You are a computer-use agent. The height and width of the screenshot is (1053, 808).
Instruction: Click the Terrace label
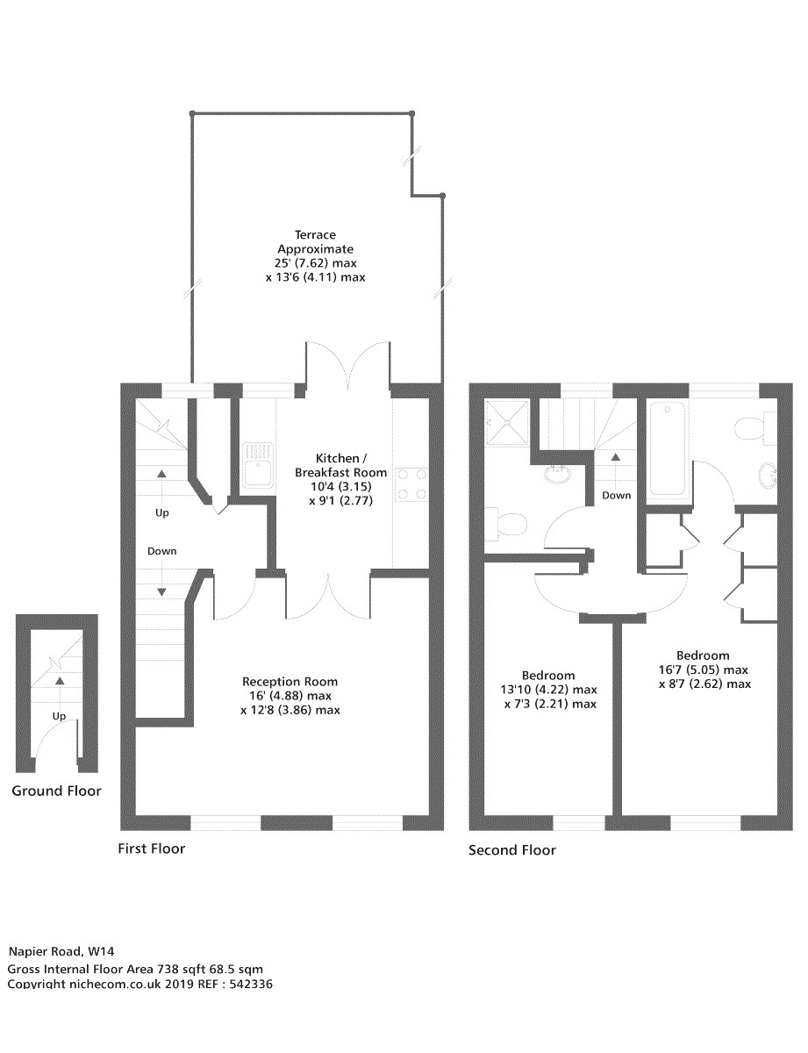pos(315,235)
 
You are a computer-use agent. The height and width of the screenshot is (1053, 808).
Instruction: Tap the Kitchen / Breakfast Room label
pos(340,465)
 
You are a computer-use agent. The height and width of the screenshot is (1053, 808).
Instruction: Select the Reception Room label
pos(290,681)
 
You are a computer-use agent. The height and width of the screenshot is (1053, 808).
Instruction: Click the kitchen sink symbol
pos(258,465)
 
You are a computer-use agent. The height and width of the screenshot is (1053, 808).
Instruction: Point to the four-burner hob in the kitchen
pos(411,484)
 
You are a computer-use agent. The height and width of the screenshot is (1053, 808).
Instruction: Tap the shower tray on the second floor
pos(507,422)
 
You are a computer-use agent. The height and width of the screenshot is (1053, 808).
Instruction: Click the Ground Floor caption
pos(56,791)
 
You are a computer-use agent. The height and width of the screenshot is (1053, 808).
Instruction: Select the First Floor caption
pos(151,849)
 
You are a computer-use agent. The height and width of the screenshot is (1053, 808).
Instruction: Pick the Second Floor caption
pos(512,850)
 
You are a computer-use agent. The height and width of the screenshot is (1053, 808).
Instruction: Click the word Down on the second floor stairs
pos(616,495)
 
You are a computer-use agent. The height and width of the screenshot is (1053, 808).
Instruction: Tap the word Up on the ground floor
pos(59,716)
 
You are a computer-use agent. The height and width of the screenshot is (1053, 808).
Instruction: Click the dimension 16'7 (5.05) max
pos(703,670)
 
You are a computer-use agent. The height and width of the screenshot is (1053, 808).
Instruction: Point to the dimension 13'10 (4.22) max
pos(549,689)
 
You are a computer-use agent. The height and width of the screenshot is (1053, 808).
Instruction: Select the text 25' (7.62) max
pos(315,263)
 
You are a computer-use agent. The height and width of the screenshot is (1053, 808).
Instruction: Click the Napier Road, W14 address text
pos(61,951)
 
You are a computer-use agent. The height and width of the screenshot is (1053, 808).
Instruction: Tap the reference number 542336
pos(251,984)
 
